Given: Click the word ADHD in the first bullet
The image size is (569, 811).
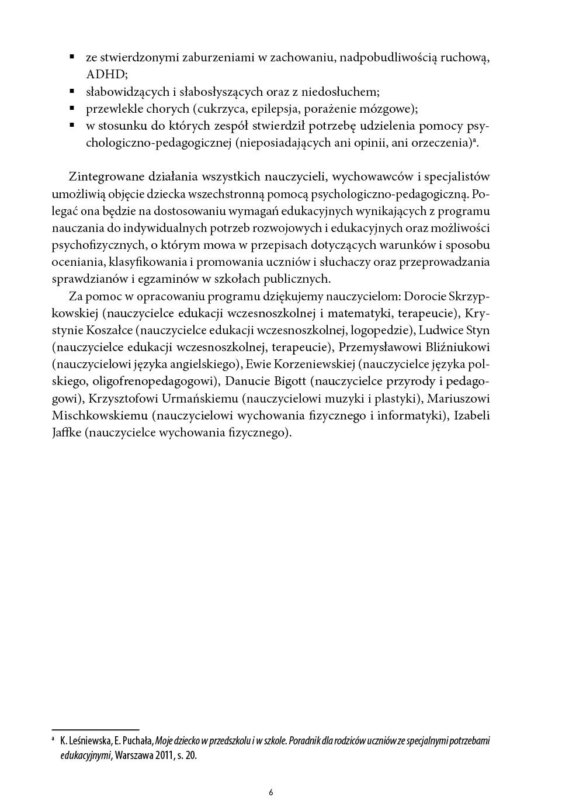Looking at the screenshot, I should [106, 75].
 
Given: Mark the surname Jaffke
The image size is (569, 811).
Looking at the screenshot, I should [66, 433].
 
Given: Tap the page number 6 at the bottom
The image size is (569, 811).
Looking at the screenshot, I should [270, 793].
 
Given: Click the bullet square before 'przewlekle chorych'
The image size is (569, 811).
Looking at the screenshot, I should [72, 108].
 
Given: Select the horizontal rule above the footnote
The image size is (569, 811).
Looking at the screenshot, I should [95, 730].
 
